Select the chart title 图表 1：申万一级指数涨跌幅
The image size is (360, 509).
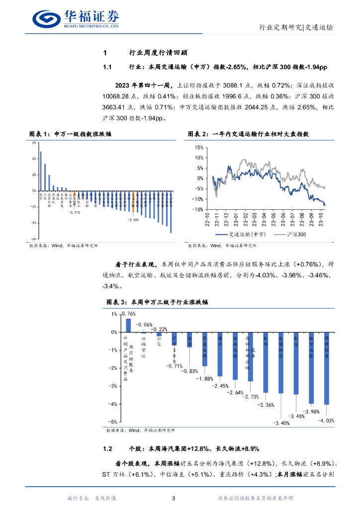(70, 134)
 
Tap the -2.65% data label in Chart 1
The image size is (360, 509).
(133, 219)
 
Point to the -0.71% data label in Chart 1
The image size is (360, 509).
(75, 212)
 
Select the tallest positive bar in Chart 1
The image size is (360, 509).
(41, 170)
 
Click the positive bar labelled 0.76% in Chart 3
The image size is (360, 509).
(128, 325)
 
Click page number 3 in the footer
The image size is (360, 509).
(173, 499)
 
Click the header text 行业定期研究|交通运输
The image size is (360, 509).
(297, 27)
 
